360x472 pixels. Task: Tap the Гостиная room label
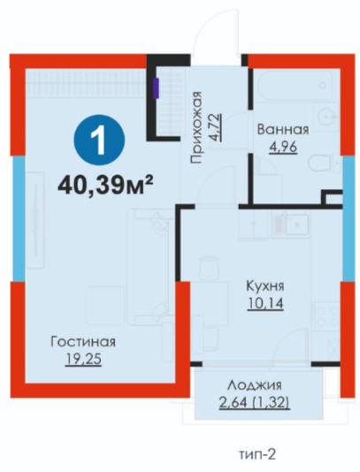[x=83, y=342]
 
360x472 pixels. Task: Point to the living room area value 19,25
[x=83, y=360]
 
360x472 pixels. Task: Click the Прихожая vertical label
[x=196, y=127]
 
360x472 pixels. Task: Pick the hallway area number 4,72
[x=216, y=127]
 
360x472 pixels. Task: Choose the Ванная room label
[x=283, y=130]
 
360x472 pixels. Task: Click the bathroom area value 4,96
[x=283, y=148]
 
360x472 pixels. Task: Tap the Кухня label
[x=265, y=286]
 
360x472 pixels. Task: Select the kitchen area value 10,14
[x=265, y=303]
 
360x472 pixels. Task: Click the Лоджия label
[x=255, y=385]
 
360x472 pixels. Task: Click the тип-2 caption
[x=257, y=454]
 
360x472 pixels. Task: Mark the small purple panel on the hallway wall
[x=156, y=88]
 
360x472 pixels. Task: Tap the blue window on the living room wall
[x=19, y=219]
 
